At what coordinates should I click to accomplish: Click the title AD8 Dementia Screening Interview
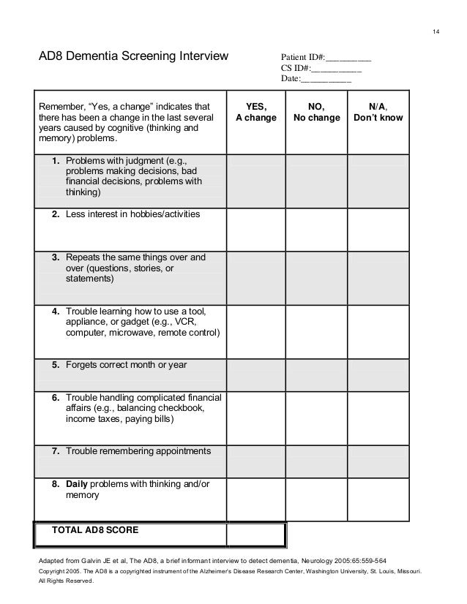pyautogui.click(x=133, y=56)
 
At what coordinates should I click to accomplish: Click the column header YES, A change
pyautogui.click(x=255, y=112)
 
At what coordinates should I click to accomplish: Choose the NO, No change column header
pyautogui.click(x=315, y=112)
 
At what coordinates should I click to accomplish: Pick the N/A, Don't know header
pyautogui.click(x=378, y=112)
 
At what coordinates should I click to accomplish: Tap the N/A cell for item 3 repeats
pyautogui.click(x=378, y=276)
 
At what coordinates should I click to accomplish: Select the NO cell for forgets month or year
pyautogui.click(x=315, y=372)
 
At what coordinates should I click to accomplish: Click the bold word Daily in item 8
pyautogui.click(x=77, y=484)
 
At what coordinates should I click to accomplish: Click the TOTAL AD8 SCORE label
pyautogui.click(x=96, y=529)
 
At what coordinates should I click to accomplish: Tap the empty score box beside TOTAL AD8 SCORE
pyautogui.click(x=255, y=535)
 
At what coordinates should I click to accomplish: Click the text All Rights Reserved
pyautogui.click(x=65, y=581)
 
